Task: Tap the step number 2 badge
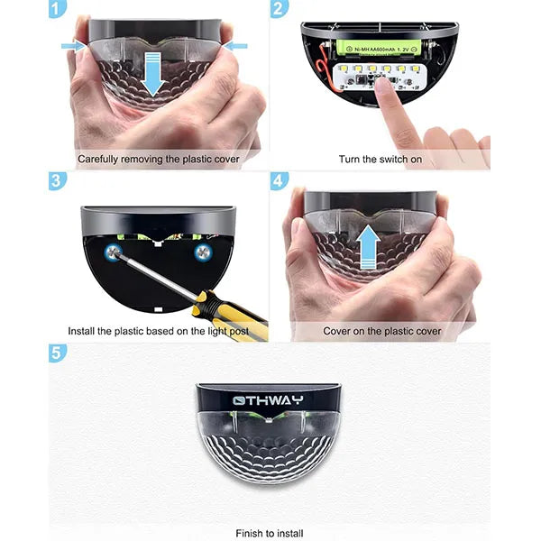tap(280, 9)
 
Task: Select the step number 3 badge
tap(59, 180)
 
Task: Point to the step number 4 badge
tap(280, 180)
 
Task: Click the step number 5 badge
tap(59, 352)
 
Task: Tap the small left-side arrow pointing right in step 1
tap(73, 45)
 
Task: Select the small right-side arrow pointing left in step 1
tap(234, 45)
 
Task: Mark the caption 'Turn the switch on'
tap(381, 160)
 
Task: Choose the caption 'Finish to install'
tap(270, 533)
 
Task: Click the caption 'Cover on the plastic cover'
tap(382, 331)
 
